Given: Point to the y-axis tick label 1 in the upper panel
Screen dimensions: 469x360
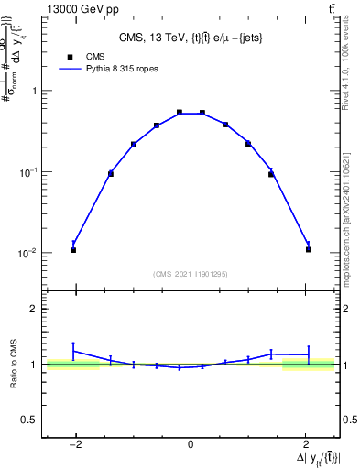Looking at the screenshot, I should click(x=35, y=92).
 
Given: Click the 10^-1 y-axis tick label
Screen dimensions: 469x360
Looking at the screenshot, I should click(x=30, y=172).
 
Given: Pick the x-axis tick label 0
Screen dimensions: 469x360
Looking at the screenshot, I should click(x=191, y=446).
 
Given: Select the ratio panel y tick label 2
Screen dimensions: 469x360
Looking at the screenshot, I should click(x=35, y=310).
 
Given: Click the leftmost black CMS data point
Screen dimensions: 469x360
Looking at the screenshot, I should click(x=73, y=250).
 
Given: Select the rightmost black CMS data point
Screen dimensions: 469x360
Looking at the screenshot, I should click(x=309, y=249).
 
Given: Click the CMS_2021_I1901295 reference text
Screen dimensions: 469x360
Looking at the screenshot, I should click(x=191, y=273).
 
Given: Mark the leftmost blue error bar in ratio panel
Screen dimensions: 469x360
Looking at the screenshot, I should click(x=73, y=351).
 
